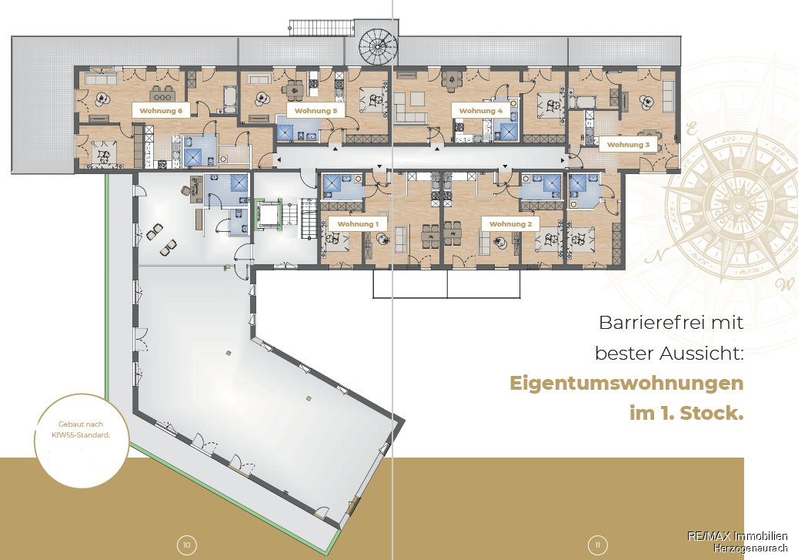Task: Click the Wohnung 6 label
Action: pyautogui.click(x=161, y=111)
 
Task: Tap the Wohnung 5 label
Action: pyautogui.click(x=316, y=111)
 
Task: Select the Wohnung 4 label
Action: pyautogui.click(x=480, y=111)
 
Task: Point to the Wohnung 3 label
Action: pyautogui.click(x=628, y=145)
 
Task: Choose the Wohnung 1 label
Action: pyautogui.click(x=358, y=223)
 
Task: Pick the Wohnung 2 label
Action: pyautogui.click(x=510, y=223)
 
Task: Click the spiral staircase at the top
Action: pyautogui.click(x=377, y=46)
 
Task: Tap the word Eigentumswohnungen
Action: pyautogui.click(x=626, y=383)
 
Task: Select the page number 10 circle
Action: pyautogui.click(x=187, y=545)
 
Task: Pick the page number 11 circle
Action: pyautogui.click(x=598, y=545)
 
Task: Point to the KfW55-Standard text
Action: pyautogui.click(x=81, y=435)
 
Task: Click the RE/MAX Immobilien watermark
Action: pyautogui.click(x=737, y=535)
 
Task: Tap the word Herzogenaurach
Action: pyautogui.click(x=750, y=548)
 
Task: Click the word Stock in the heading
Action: pyautogui.click(x=712, y=413)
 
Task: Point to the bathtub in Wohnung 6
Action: pyautogui.click(x=229, y=99)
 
